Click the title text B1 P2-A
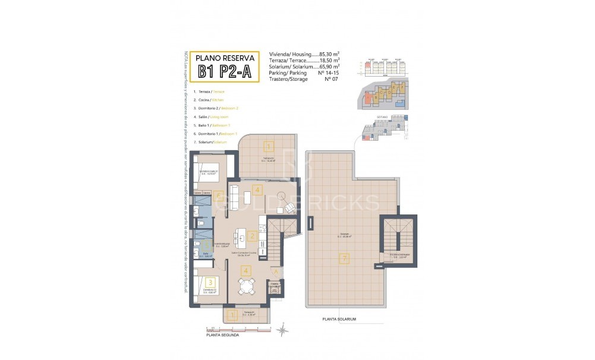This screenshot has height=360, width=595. click(225, 72)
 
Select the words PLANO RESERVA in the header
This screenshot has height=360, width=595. click(225, 58)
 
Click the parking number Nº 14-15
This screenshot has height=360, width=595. click(329, 73)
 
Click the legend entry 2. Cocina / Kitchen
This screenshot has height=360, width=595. click(210, 100)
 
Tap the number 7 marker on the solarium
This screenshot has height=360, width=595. click(343, 258)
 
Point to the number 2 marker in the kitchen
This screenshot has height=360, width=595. click(253, 236)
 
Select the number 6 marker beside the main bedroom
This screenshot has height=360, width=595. click(219, 195)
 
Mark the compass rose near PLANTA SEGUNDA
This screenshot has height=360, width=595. click(284, 327)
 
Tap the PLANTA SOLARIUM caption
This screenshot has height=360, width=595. click(339, 319)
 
